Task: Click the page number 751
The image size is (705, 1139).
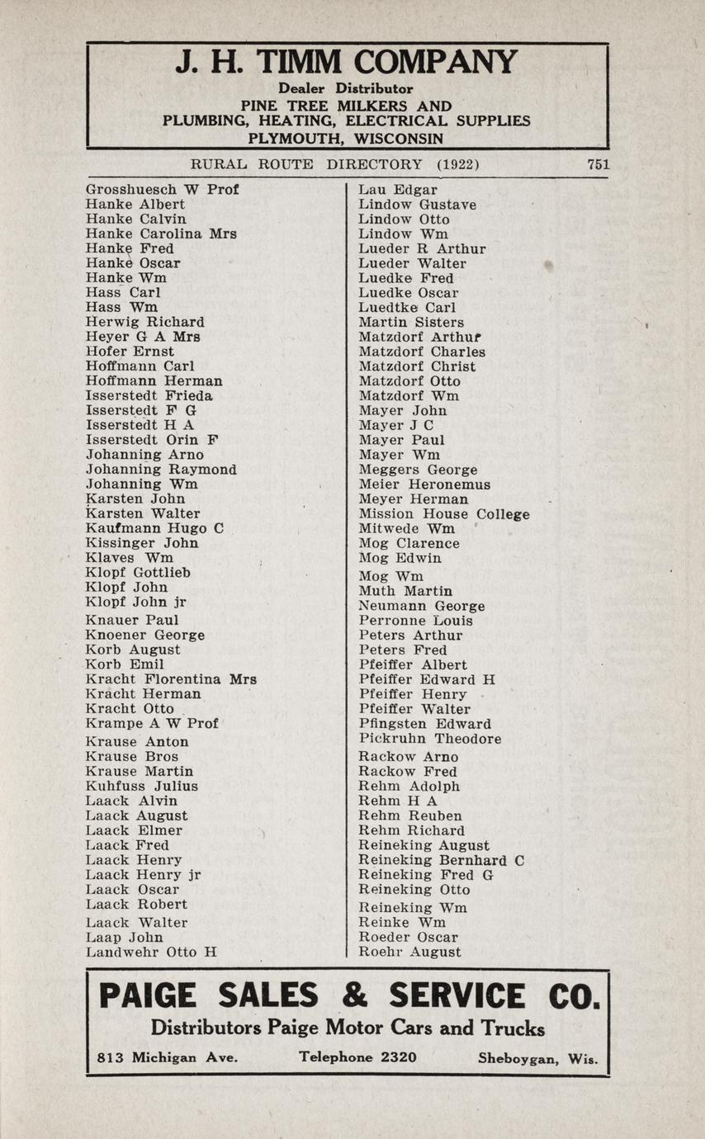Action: click(598, 164)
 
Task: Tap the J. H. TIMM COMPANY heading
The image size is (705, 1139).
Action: click(347, 63)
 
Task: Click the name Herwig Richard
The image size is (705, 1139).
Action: click(145, 322)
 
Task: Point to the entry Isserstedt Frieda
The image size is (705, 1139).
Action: click(149, 395)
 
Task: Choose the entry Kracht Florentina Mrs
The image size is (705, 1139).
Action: click(171, 679)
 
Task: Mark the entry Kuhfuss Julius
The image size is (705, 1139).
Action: click(142, 786)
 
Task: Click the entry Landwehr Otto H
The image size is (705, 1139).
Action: click(151, 952)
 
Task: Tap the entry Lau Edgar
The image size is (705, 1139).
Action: click(398, 190)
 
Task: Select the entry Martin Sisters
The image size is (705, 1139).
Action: click(411, 322)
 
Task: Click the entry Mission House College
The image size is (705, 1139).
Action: click(444, 514)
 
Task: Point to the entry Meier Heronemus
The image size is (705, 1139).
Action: click(424, 484)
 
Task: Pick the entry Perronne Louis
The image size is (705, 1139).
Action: click(416, 621)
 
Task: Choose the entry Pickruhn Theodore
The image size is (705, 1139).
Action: click(430, 739)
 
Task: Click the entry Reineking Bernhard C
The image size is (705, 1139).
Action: click(442, 860)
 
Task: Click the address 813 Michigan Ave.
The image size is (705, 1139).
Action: click(168, 1057)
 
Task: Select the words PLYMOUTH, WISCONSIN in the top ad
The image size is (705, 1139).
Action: click(346, 138)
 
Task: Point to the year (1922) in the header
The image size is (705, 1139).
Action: click(458, 164)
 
